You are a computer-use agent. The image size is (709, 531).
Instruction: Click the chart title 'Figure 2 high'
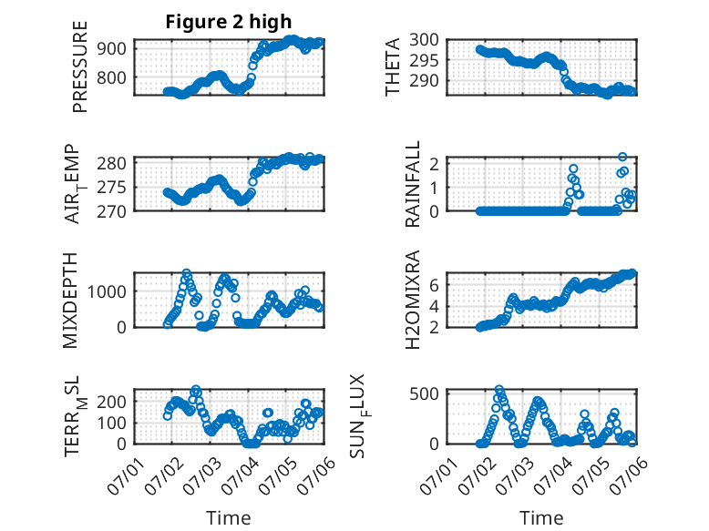pos(229,22)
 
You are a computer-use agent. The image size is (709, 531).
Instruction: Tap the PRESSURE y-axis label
pos(79,66)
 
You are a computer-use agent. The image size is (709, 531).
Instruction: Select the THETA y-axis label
pos(393,66)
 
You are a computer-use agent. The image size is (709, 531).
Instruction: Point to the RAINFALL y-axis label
pos(413,184)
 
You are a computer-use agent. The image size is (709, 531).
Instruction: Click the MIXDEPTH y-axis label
pos(70,301)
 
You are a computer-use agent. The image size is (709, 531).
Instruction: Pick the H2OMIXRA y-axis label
pos(413,300)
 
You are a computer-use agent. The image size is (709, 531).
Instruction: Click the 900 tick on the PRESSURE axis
pos(111,48)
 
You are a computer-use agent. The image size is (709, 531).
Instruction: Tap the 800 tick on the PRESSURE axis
pos(111,77)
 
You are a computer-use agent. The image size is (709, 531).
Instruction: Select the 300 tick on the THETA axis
pos(424,40)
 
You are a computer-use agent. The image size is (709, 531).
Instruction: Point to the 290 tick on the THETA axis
pos(424,81)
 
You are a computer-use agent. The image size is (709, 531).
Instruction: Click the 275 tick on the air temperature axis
pos(111,187)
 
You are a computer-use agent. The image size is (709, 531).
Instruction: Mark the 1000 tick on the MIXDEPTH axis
pos(107,292)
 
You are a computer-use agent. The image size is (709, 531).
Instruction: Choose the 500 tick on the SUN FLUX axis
pos(424,394)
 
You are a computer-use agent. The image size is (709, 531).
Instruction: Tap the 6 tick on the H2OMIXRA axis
pos(435,285)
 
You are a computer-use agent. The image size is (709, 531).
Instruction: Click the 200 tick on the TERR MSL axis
pos(111,402)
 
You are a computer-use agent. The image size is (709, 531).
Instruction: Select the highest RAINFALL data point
pos(622,157)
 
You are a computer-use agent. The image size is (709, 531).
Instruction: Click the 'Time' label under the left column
pos(229,518)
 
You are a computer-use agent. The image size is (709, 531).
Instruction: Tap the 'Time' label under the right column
pos(541,518)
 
